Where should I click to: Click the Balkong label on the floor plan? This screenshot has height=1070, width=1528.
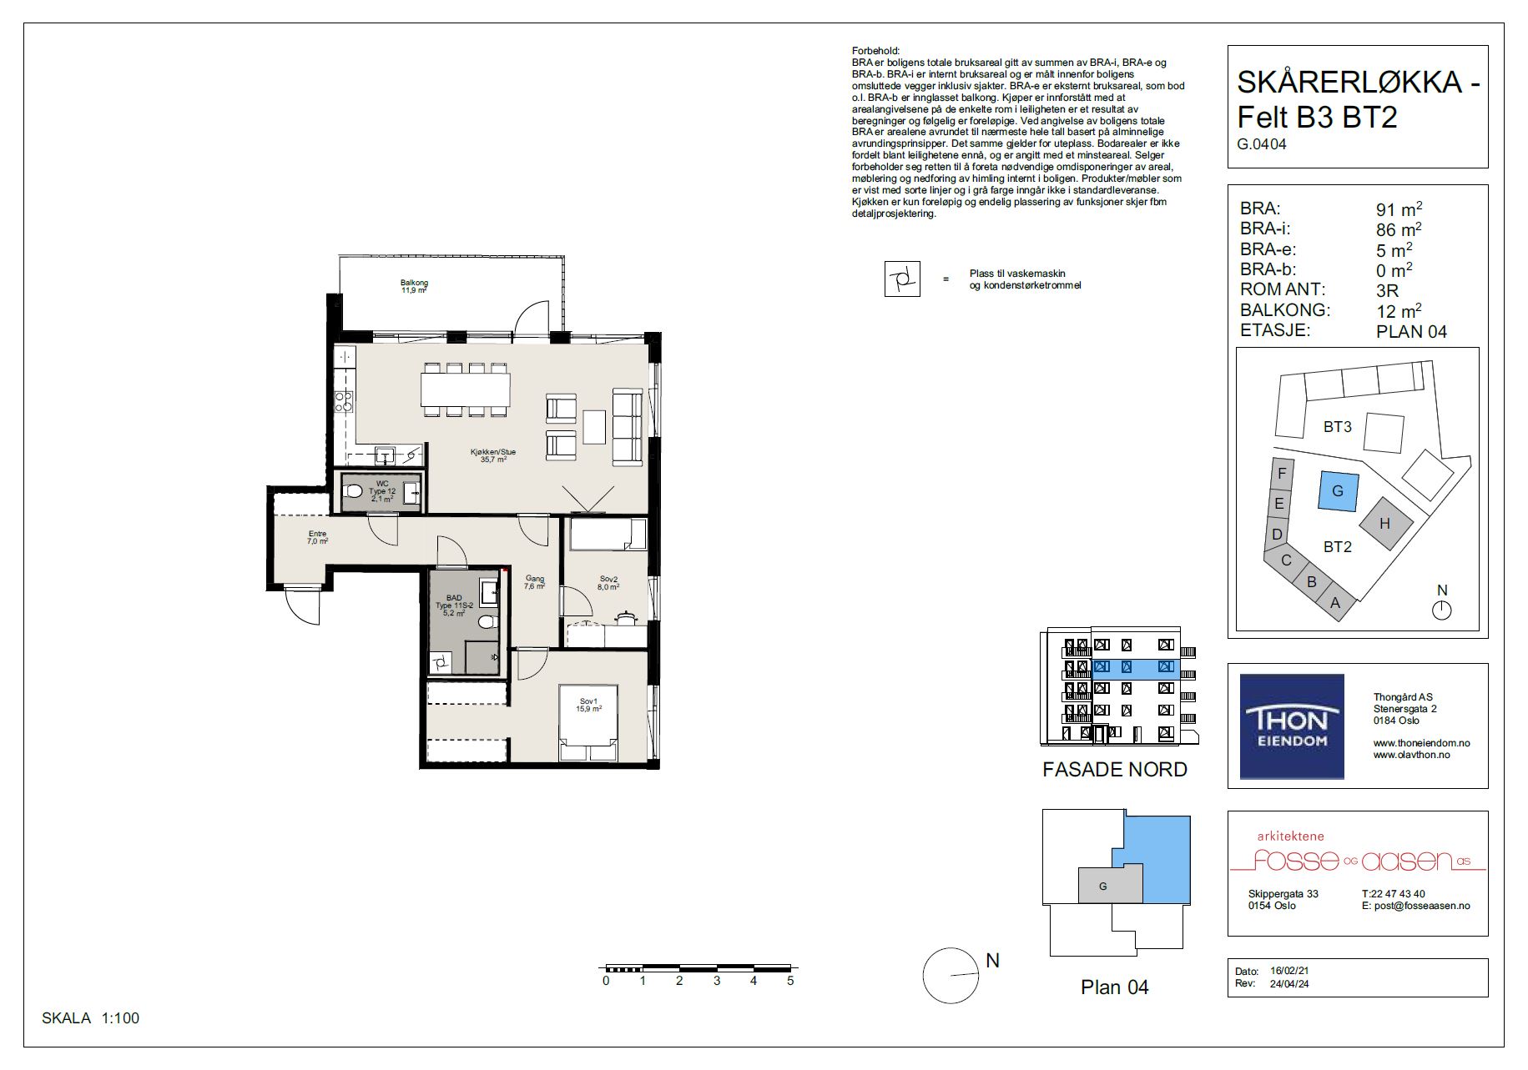pyautogui.click(x=414, y=283)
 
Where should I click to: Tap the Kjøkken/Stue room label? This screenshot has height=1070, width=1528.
pyautogui.click(x=493, y=453)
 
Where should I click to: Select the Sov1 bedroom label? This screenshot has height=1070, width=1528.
pyautogui.click(x=589, y=701)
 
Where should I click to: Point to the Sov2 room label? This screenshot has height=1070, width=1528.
pyautogui.click(x=608, y=579)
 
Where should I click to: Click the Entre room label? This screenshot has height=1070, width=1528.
pyautogui.click(x=317, y=534)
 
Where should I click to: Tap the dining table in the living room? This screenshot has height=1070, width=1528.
pyautogui.click(x=465, y=389)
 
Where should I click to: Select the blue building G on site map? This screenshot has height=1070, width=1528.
pyautogui.click(x=1338, y=490)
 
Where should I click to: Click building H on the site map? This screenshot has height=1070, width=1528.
pyautogui.click(x=1385, y=524)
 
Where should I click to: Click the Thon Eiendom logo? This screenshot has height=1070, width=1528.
pyautogui.click(x=1292, y=726)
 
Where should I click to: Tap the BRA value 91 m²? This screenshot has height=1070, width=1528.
pyautogui.click(x=1399, y=209)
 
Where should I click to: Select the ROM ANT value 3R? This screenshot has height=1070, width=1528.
pyautogui.click(x=1387, y=290)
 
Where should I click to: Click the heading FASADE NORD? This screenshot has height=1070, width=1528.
pyautogui.click(x=1115, y=769)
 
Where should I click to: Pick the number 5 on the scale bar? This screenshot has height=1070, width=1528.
pyautogui.click(x=789, y=981)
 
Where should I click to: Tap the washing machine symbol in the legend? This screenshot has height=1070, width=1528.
pyautogui.click(x=902, y=279)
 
